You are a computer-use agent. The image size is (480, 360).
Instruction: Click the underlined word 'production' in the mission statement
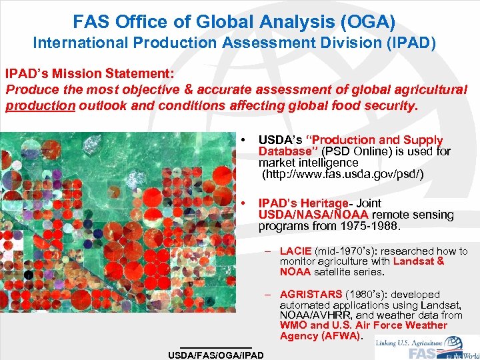point(40,105)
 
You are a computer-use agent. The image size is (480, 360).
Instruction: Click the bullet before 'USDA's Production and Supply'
point(246,140)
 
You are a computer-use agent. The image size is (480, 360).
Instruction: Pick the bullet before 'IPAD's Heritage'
point(246,203)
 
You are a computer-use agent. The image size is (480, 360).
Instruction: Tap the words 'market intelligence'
point(299,163)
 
